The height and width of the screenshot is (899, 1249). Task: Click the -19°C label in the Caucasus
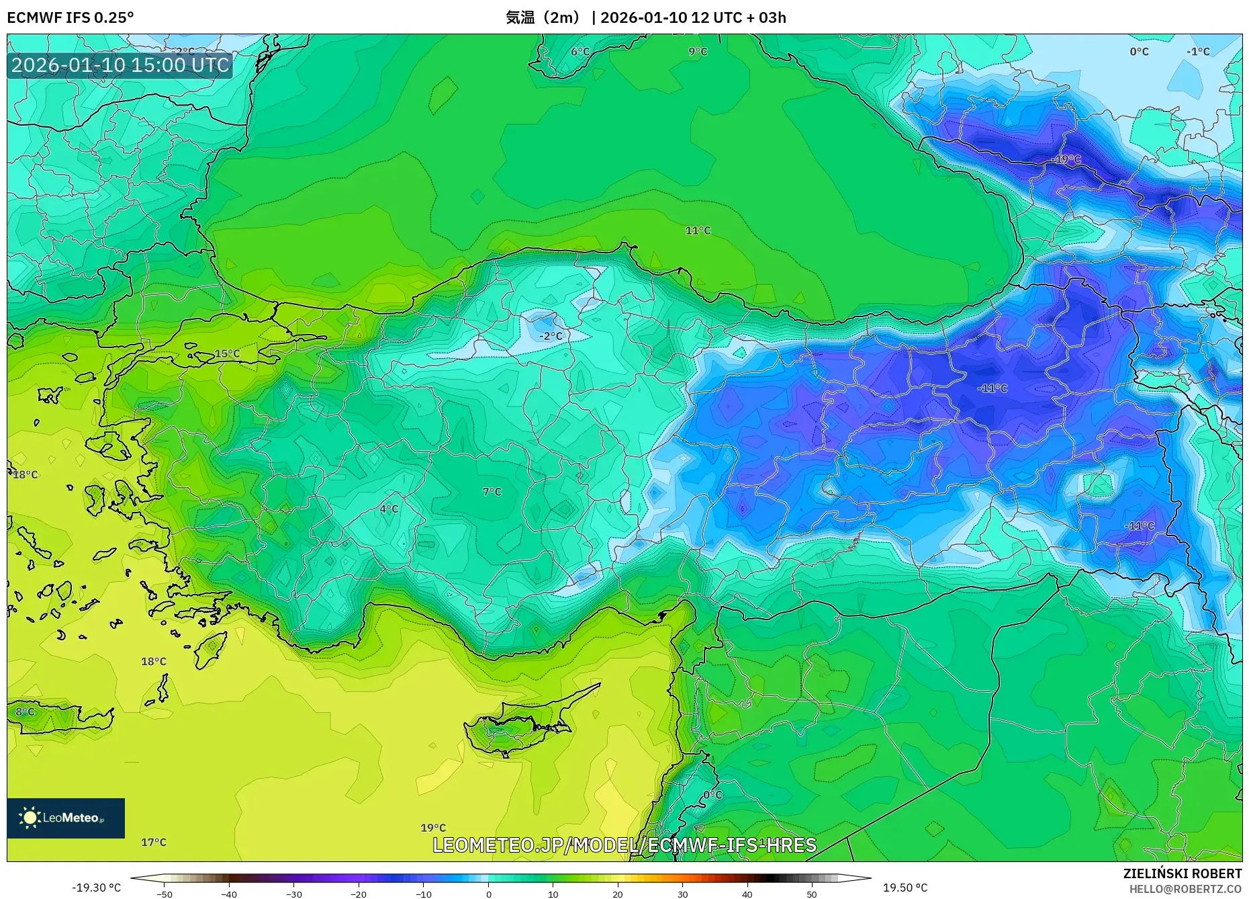pos(1067,159)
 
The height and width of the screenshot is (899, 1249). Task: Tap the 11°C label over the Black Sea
pos(698,230)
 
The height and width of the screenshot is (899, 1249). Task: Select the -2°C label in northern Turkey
pos(551,336)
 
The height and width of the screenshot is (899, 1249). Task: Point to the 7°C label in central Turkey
pos(492,492)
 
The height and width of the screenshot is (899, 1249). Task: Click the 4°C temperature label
pos(389,509)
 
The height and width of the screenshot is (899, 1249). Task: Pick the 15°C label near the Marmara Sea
pos(227,353)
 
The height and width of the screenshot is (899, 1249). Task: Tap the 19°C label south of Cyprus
pos(433,828)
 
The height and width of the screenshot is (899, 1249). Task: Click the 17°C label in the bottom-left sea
pos(153,842)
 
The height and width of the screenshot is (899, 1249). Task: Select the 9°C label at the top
pos(698,51)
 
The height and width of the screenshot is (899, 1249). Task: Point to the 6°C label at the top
pos(580,51)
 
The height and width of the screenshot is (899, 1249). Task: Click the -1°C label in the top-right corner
pos(1197,51)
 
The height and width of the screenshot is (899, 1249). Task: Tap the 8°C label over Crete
pos(26,712)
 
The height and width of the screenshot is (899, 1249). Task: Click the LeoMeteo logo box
pos(66,818)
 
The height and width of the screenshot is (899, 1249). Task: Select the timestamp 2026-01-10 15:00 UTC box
pos(120,65)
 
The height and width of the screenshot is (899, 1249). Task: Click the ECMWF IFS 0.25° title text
pos(71,17)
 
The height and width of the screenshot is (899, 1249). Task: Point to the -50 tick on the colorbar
pos(165,894)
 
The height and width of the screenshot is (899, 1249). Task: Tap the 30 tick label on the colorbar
pos(682,894)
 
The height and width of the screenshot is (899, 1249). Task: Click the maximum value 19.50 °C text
pos(905,888)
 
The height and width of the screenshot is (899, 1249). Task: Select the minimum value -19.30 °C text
pos(97,888)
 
